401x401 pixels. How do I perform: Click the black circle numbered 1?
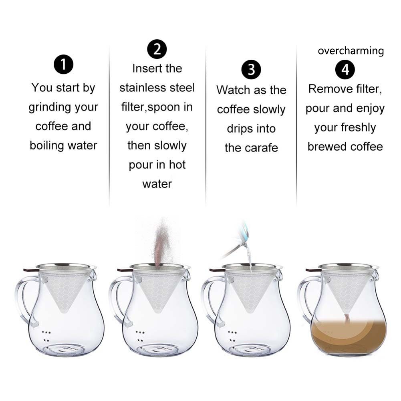63,64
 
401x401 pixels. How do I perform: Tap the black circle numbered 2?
157,49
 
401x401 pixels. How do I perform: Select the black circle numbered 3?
251,70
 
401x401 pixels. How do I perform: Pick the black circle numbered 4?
345,70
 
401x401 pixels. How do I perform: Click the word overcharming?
351,51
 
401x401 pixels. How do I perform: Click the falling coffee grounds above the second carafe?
161,242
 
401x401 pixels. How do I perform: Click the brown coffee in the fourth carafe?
349,336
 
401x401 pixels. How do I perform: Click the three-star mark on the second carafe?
140,332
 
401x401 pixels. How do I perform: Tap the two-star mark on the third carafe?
232,341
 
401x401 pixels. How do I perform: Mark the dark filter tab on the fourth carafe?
312,270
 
